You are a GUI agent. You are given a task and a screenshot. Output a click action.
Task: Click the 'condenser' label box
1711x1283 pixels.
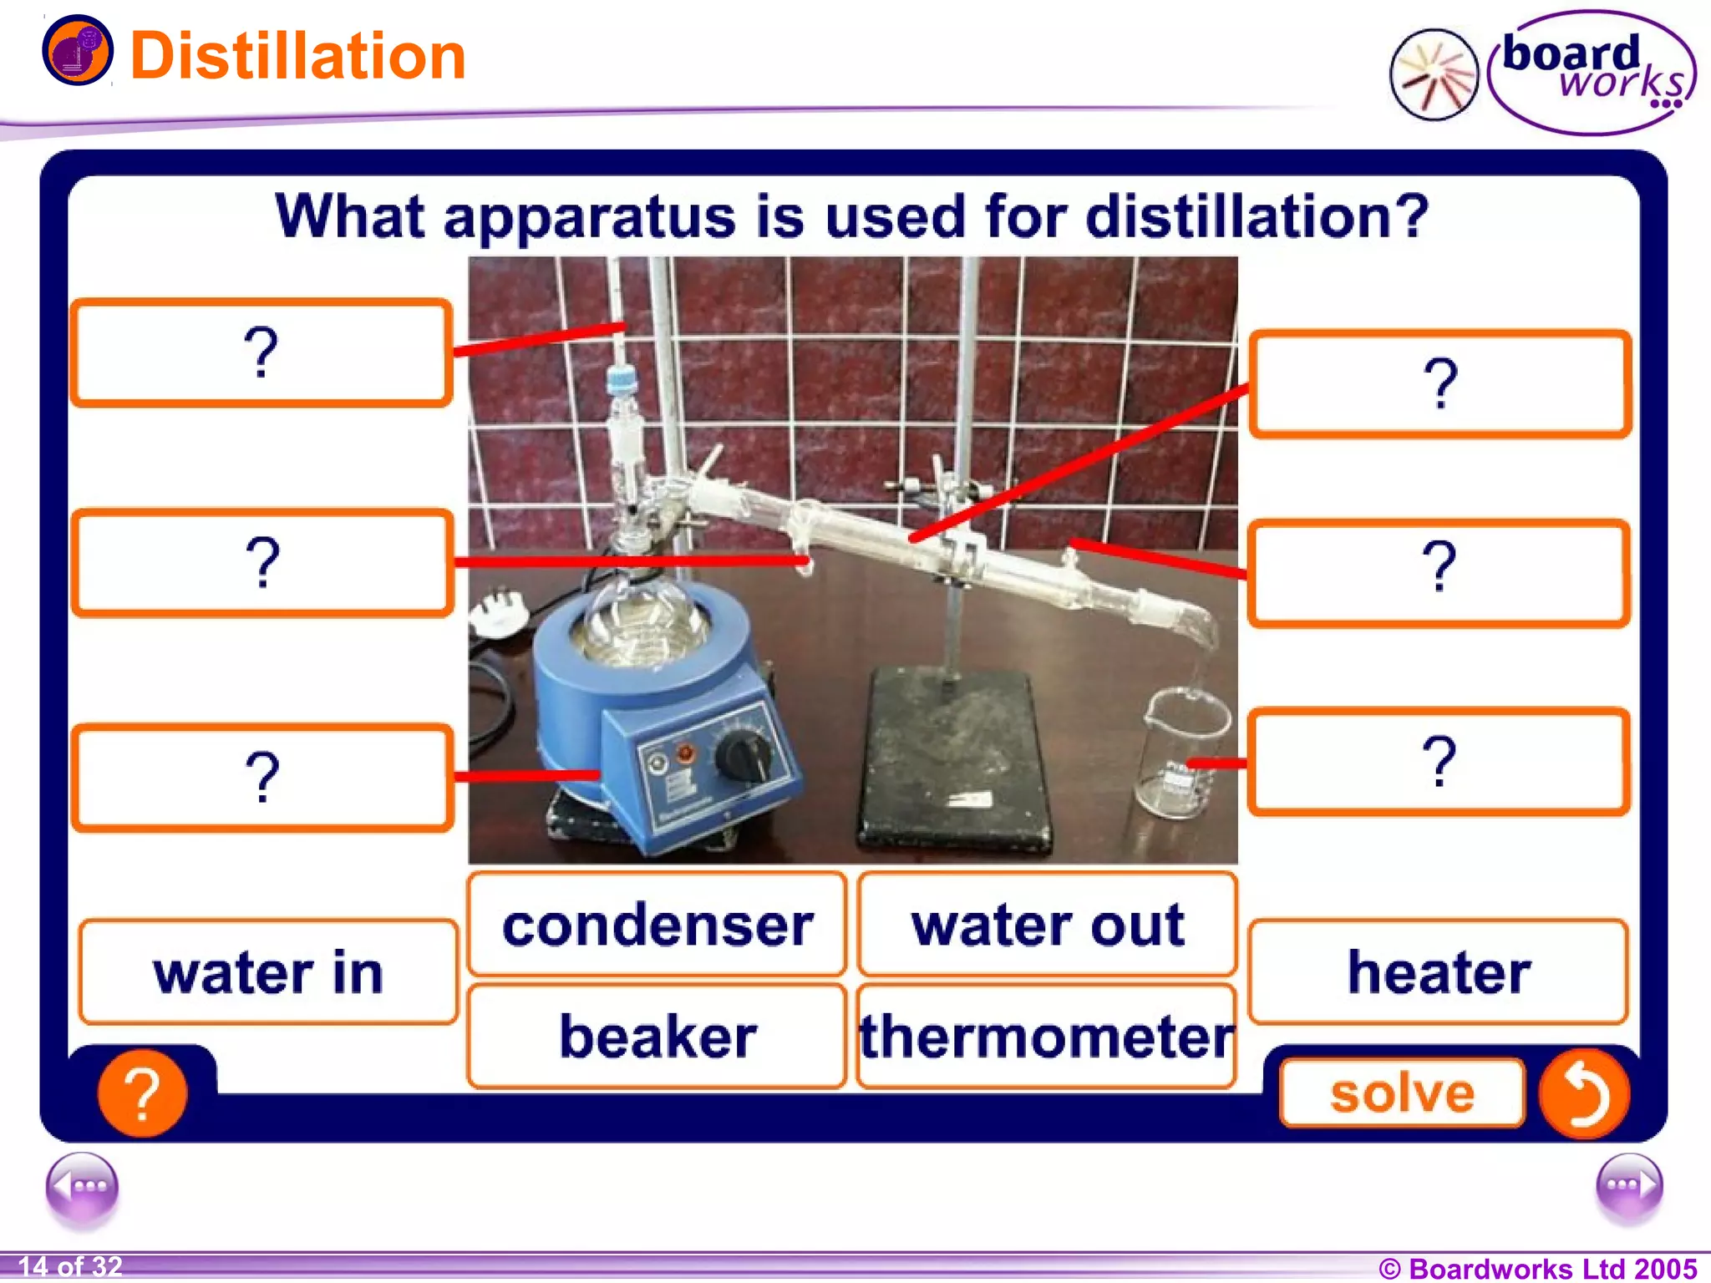point(657,925)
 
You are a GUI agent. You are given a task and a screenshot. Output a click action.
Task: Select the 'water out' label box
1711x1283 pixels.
point(1047,925)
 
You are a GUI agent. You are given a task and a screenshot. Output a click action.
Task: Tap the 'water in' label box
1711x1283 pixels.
point(268,972)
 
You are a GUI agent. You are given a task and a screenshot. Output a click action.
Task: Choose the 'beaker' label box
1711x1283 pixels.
point(657,1037)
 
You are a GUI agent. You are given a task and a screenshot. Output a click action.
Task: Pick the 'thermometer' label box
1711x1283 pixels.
point(1047,1037)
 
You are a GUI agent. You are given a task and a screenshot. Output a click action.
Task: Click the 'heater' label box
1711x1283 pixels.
point(1438,972)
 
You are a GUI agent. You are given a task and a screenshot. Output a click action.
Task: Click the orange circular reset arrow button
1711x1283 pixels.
point(1583,1093)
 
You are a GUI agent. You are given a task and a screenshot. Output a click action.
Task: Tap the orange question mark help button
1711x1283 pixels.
point(142,1093)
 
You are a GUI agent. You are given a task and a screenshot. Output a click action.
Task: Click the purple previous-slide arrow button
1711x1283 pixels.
point(82,1186)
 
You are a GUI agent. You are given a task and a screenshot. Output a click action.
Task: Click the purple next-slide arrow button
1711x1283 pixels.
point(1628,1186)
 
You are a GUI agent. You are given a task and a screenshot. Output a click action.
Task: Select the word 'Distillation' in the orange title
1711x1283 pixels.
point(297,56)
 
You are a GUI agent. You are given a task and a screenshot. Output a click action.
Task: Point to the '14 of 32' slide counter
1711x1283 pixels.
point(70,1266)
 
